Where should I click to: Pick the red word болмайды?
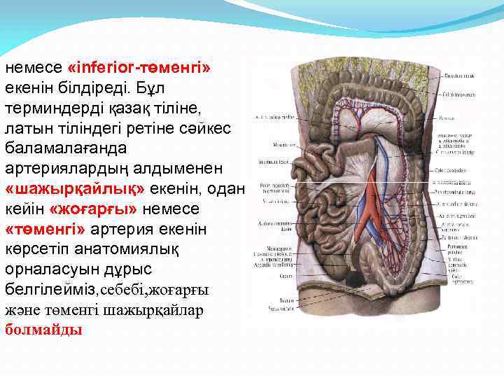(x=43, y=329)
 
